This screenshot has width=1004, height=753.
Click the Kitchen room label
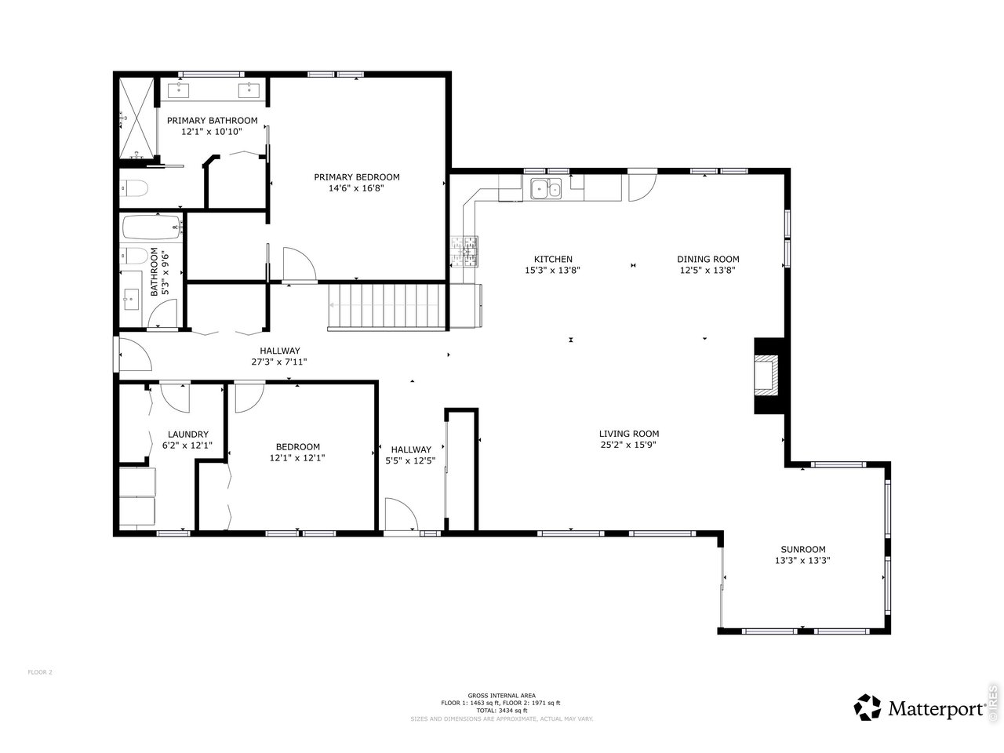click(x=553, y=260)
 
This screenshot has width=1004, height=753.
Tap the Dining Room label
click(x=708, y=260)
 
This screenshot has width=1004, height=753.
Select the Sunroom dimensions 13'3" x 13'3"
click(x=802, y=561)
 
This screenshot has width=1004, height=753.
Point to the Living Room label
click(x=628, y=434)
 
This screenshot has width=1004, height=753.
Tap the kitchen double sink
click(x=546, y=188)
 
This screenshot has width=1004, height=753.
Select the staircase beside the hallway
click(x=386, y=307)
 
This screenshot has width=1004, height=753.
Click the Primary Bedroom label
click(x=357, y=177)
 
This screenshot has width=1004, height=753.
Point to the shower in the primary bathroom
click(x=138, y=120)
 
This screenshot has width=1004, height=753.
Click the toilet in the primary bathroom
click(x=136, y=188)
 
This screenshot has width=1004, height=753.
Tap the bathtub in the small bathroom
click(x=152, y=227)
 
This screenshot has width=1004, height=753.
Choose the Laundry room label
click(x=187, y=435)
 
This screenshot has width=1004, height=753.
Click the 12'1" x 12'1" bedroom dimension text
click(x=297, y=458)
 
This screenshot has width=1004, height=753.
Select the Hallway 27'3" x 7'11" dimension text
click(x=279, y=362)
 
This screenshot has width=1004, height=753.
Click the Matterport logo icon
click(x=868, y=708)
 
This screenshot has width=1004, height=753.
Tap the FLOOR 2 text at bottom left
click(x=40, y=672)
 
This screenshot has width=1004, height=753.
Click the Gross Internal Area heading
click(x=501, y=696)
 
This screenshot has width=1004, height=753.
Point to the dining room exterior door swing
click(x=642, y=186)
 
